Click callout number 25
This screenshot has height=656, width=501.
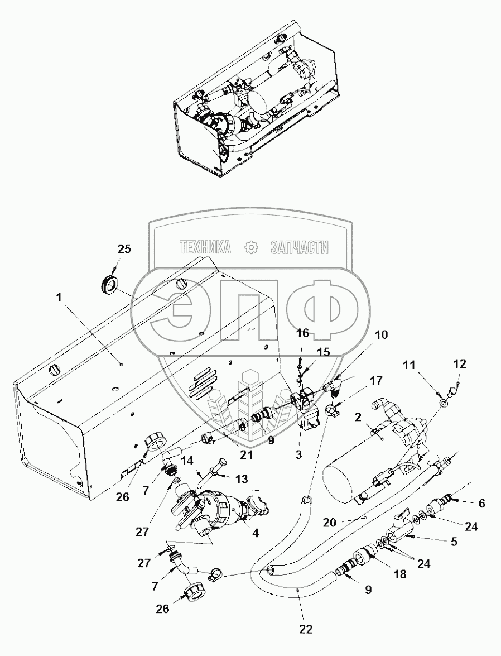coord(124,249)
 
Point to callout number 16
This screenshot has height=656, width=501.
coord(302,333)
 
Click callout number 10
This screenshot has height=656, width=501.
coord(382,334)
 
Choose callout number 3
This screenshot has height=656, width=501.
coord(298,455)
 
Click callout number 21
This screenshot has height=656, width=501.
coord(246,454)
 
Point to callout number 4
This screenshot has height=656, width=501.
coord(255,533)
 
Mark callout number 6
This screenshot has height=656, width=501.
coord(482,503)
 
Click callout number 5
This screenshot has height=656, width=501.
coord(454,542)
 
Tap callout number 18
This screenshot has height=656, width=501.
coord(400,574)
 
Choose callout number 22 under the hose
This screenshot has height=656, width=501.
coord(306,629)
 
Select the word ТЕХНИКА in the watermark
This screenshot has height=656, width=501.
coord(205,248)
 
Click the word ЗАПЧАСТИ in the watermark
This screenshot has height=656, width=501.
coord(300,248)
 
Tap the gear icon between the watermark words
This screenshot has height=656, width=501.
coord(251,248)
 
